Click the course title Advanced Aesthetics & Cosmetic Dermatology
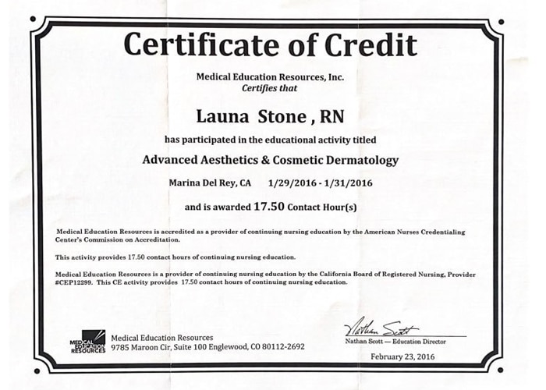270,161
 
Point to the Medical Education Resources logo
88,341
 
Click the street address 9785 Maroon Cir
143,346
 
